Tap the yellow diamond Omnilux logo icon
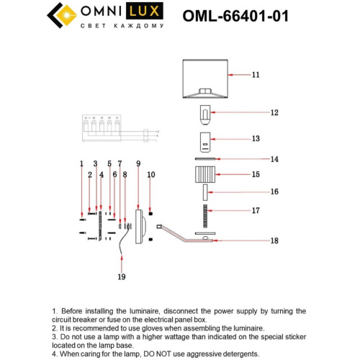coord(61,14)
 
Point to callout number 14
coord(254,159)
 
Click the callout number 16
coord(254,192)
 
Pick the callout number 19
coord(122,276)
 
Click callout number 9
coord(138,164)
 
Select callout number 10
coord(151,175)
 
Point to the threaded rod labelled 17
coord(204,212)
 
